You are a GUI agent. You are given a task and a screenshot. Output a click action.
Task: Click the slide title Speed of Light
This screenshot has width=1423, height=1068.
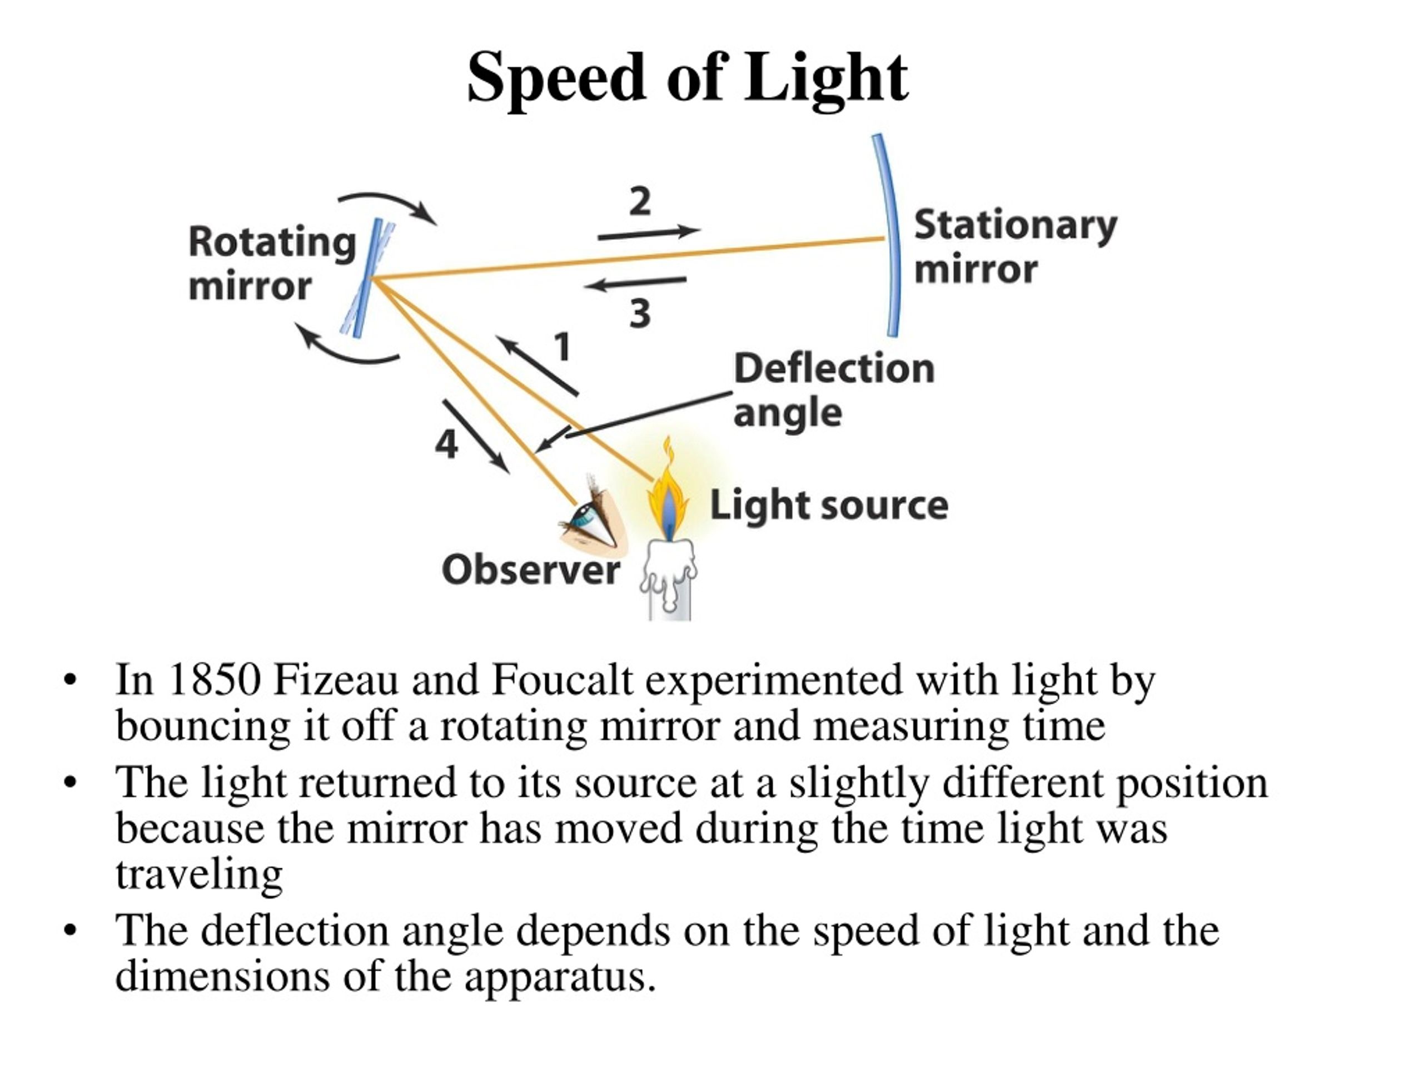pyautogui.click(x=687, y=78)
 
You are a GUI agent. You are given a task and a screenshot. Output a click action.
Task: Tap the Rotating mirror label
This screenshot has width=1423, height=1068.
pyautogui.click(x=272, y=263)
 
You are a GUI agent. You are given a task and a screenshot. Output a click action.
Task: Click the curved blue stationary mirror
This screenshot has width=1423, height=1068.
pyautogui.click(x=890, y=235)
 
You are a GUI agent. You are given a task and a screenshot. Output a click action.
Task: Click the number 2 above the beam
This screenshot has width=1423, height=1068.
pyautogui.click(x=639, y=201)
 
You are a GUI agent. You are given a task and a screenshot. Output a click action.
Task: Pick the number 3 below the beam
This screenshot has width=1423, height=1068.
pyautogui.click(x=639, y=314)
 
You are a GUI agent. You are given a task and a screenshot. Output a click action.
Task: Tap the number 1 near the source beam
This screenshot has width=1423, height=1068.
pyautogui.click(x=563, y=347)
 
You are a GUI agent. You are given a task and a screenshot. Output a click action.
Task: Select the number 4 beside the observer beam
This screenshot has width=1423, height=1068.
pyautogui.click(x=446, y=444)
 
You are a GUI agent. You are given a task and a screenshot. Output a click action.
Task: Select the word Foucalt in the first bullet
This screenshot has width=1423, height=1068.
pyautogui.click(x=563, y=680)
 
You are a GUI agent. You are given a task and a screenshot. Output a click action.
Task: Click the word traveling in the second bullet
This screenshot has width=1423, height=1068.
pyautogui.click(x=200, y=875)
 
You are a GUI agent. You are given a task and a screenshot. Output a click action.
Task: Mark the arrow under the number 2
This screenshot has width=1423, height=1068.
pyautogui.click(x=649, y=233)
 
